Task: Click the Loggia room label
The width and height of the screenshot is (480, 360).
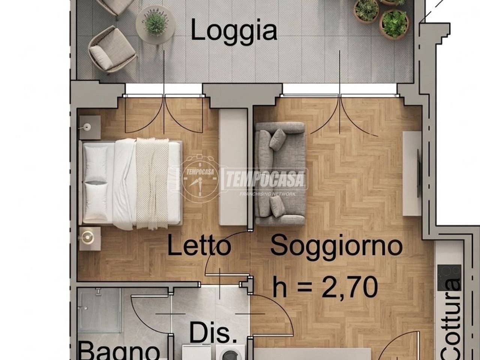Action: tap(234, 31)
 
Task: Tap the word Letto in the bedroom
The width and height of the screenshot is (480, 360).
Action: tap(198, 246)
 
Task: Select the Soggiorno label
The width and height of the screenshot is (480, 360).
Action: tap(336, 246)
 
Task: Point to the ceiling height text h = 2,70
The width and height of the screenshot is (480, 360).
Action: tap(325, 287)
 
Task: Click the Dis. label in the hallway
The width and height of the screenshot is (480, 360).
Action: tap(213, 333)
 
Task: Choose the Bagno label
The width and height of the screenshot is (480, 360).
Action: tap(118, 351)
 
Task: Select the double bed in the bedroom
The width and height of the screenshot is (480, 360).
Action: tap(131, 184)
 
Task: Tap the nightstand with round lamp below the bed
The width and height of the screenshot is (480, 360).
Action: tap(89, 237)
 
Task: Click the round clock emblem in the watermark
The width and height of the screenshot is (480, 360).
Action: tap(199, 179)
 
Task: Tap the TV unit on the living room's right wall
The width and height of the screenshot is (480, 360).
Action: tap(412, 173)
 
